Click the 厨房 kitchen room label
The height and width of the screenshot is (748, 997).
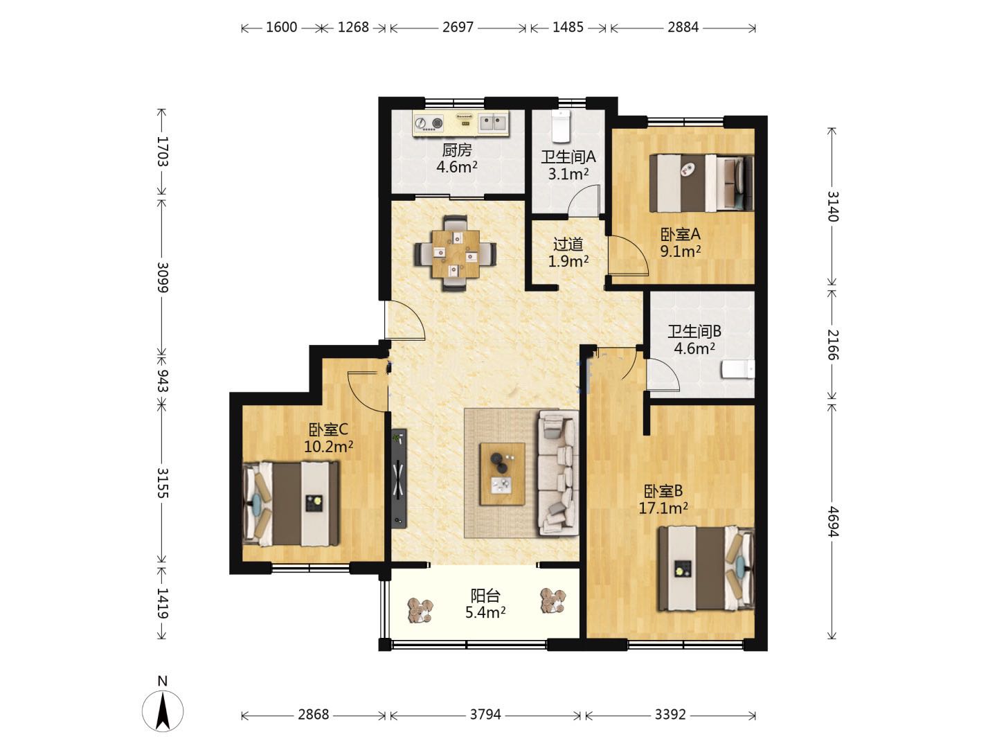(x=457, y=150)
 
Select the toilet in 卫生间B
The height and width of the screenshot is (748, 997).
(x=737, y=368)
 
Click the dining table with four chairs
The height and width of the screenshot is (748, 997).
(x=455, y=253)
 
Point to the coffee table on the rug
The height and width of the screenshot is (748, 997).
(x=503, y=474)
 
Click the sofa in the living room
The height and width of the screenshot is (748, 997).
(x=558, y=473)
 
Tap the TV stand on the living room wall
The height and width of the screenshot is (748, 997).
(x=399, y=478)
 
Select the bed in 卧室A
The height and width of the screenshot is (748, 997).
(x=701, y=184)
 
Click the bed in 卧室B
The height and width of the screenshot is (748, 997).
(x=706, y=569)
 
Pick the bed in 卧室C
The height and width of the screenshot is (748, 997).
(x=291, y=504)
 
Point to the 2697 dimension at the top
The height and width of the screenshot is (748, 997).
(x=458, y=27)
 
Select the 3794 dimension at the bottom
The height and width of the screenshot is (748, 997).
(x=485, y=714)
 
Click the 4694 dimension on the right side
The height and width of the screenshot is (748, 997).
(x=832, y=522)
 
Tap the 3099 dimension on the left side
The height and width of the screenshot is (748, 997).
(x=163, y=277)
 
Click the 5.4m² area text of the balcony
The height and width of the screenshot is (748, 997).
(x=485, y=613)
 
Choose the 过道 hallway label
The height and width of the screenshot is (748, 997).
(x=568, y=244)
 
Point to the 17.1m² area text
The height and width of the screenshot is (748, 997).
(x=663, y=508)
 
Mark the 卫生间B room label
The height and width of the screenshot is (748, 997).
(x=694, y=332)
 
